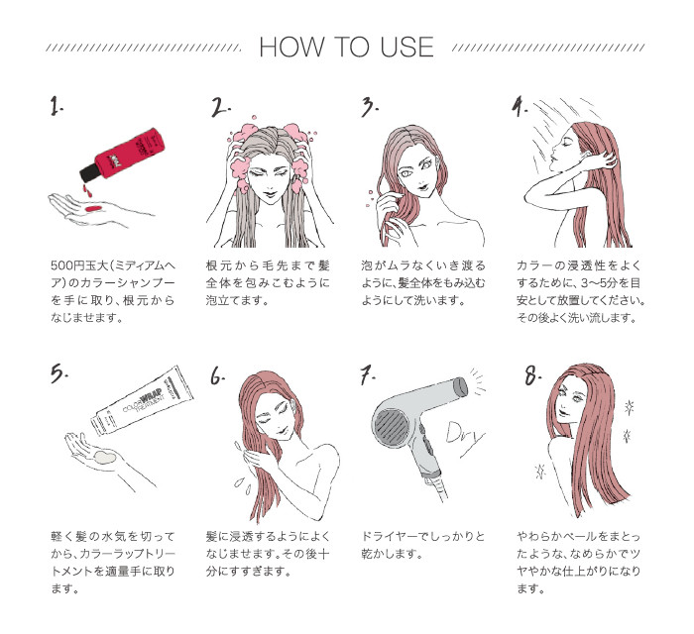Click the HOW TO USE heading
(x=345, y=48)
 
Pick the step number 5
(x=59, y=372)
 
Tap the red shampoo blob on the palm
(x=90, y=209)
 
